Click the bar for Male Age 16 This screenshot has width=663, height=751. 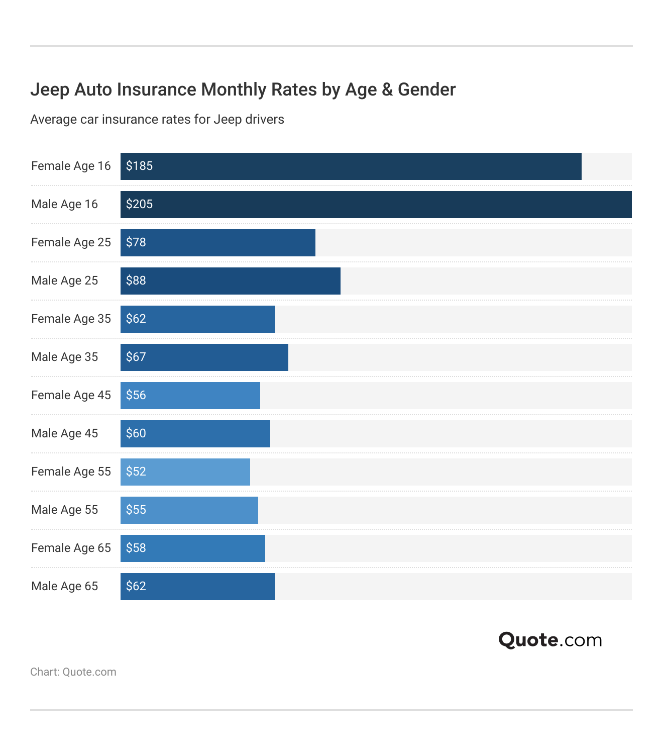click(x=376, y=205)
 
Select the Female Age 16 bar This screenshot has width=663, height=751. click(x=351, y=166)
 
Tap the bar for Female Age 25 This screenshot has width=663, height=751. click(x=218, y=243)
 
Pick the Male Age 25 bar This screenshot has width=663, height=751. click(x=231, y=281)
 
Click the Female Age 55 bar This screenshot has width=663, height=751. click(x=185, y=472)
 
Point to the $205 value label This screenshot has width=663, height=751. click(x=139, y=204)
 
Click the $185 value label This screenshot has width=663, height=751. click(x=139, y=166)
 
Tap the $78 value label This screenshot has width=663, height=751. click(x=136, y=242)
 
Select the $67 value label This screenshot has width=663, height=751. click(x=136, y=357)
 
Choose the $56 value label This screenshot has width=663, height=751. click(x=136, y=395)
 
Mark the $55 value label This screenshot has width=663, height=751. click(x=136, y=510)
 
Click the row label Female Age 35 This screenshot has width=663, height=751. click(x=71, y=319)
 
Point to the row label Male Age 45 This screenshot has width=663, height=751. click(x=64, y=433)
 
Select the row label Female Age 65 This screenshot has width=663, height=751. click(x=71, y=548)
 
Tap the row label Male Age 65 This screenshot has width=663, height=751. click(x=64, y=586)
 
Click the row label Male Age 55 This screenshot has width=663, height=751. click(x=64, y=510)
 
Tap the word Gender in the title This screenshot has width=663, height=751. click(x=426, y=89)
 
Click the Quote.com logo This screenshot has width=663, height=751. click(x=550, y=640)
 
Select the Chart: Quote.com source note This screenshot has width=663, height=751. click(x=73, y=672)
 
